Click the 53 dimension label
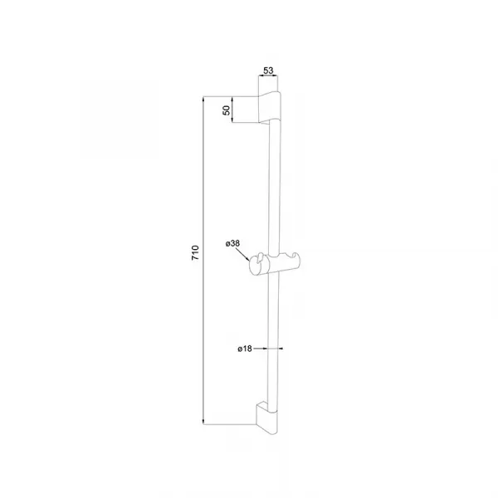coord(268,71)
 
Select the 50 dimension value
coord(227,110)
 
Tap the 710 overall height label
coord(195,253)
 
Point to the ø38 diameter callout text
coord(232,243)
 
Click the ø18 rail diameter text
coord(245,349)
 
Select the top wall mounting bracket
coord(270,107)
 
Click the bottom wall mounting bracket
coord(267,417)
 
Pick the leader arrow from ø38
coord(243,255)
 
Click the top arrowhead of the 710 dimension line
coord(203,99)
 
